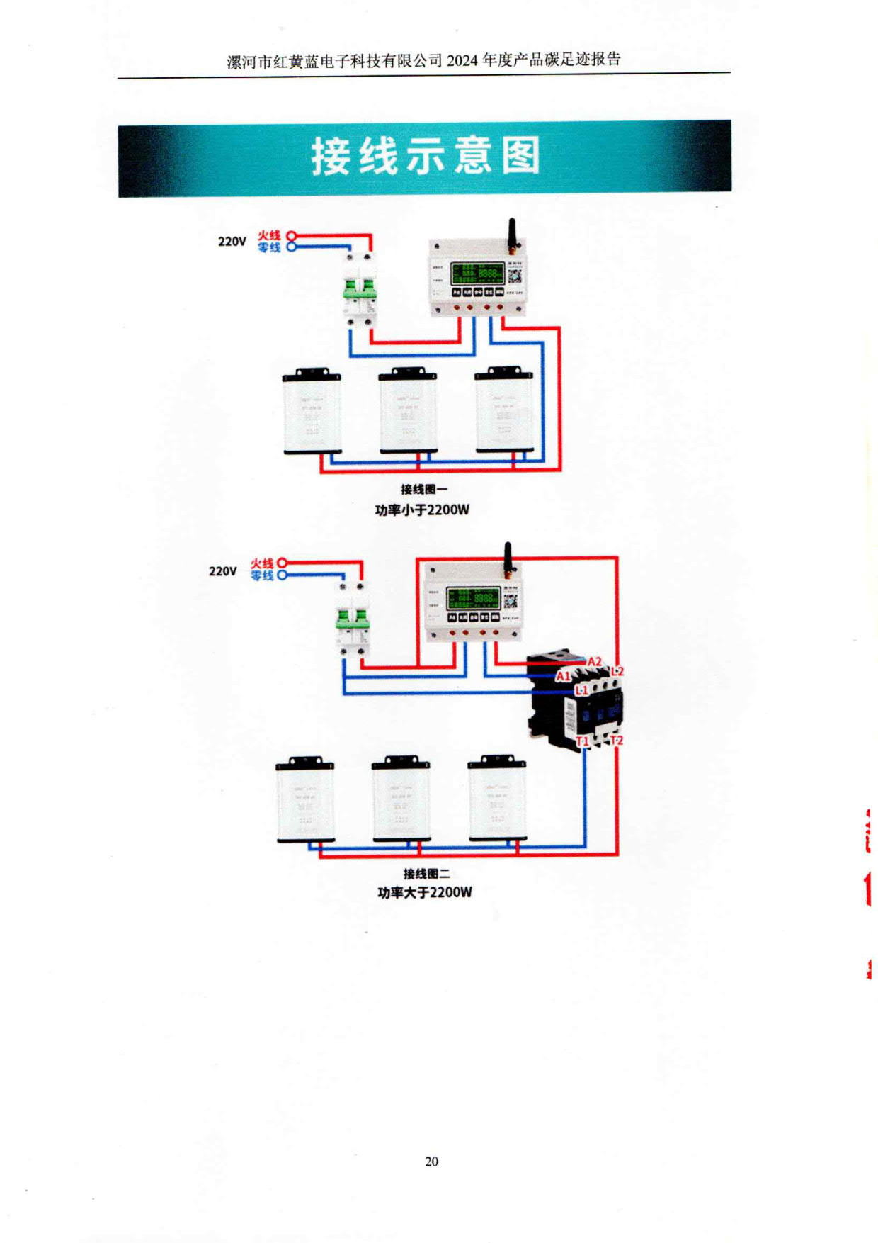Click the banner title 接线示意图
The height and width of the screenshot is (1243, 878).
[x=425, y=157]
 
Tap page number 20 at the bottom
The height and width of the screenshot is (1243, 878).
[x=431, y=1162]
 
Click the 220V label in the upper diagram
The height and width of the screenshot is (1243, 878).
[x=232, y=242]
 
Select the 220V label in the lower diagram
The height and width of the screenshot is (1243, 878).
[x=222, y=571]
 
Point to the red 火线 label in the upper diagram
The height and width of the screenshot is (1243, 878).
[x=269, y=235]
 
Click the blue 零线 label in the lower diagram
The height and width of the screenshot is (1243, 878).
[x=262, y=576]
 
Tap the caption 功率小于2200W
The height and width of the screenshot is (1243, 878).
[x=422, y=510]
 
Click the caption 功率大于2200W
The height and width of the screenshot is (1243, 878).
[x=424, y=892]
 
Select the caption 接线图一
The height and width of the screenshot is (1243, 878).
[x=423, y=489]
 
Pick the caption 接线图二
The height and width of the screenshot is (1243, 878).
[x=426, y=874]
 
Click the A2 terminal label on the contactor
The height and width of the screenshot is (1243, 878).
[x=594, y=662]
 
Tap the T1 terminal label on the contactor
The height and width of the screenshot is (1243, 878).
[x=582, y=741]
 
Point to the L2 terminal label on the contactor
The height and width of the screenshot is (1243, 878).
[x=617, y=671]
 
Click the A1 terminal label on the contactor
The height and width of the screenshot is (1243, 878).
[x=563, y=676]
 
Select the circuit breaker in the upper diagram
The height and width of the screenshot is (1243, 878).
[x=359, y=291]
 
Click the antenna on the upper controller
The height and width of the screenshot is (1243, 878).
[x=512, y=235]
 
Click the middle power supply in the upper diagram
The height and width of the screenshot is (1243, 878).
[x=408, y=411]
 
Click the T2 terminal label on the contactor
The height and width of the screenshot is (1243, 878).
[x=617, y=741]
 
